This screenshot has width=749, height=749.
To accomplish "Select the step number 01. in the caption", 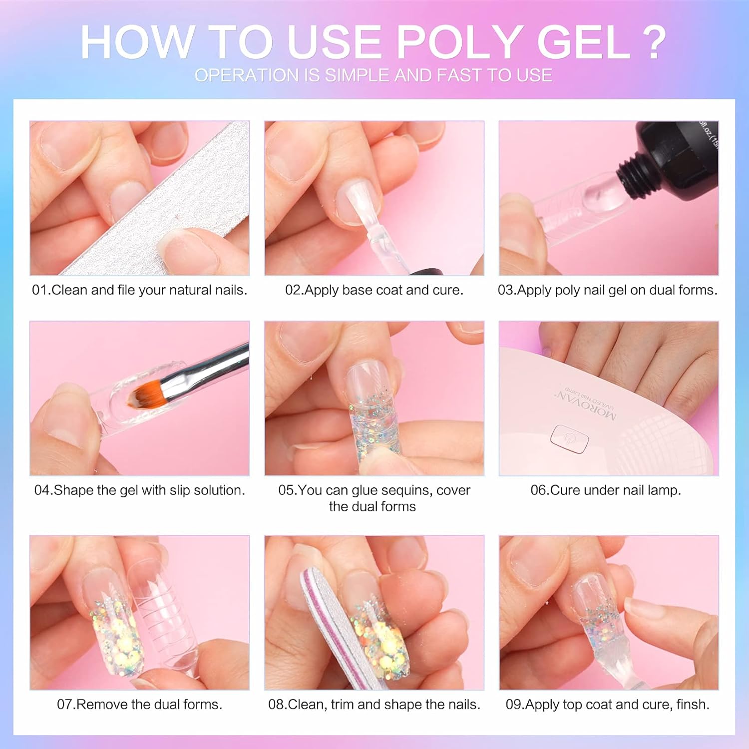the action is [41, 290].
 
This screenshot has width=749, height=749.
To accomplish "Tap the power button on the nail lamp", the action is [569, 439].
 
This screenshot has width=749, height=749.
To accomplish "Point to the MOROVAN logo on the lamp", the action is [587, 405].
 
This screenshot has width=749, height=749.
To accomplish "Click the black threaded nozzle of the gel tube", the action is [631, 176].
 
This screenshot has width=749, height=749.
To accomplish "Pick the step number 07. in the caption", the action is [66, 705].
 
